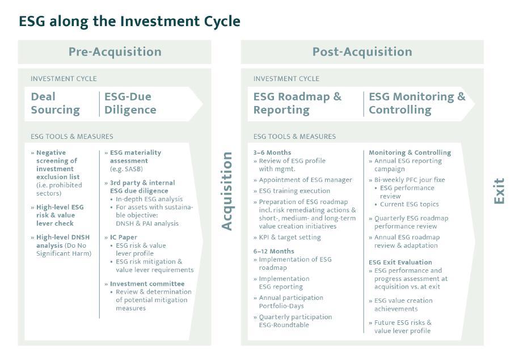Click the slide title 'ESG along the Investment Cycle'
click(x=129, y=22)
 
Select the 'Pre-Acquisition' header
click(x=115, y=52)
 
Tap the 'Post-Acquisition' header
click(x=362, y=52)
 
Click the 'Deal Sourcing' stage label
click(x=55, y=103)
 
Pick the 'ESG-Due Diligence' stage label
click(x=130, y=103)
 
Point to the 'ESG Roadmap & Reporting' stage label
click(x=297, y=103)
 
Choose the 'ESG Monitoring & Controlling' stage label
click(x=417, y=103)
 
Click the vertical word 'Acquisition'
click(x=227, y=191)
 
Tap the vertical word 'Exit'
click(x=499, y=191)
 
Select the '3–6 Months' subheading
click(x=272, y=153)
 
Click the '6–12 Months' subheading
click(x=274, y=251)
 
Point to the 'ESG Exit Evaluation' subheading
click(x=400, y=262)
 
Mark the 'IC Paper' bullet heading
click(x=124, y=237)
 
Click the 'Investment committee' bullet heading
click(x=147, y=283)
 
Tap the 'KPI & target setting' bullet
click(x=289, y=237)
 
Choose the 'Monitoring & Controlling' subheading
click(x=410, y=153)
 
